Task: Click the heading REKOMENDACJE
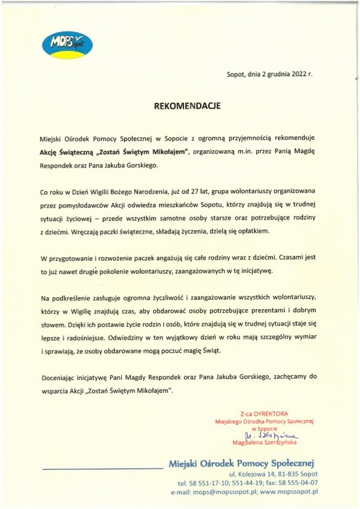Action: (x=187, y=105)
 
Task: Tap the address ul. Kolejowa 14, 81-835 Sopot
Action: (x=273, y=475)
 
